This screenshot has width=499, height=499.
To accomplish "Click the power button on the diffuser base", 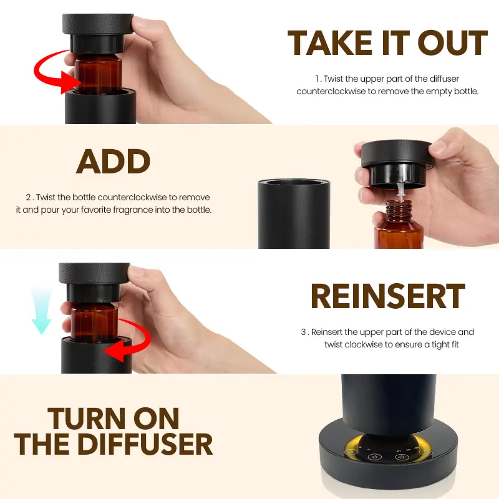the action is [374, 457].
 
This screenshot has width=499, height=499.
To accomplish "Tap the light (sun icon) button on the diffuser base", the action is [402, 457].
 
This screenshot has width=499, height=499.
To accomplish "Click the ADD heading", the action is [114, 162].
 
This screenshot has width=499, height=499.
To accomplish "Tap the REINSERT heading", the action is [388, 296].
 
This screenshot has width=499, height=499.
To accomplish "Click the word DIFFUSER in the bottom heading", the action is [145, 444].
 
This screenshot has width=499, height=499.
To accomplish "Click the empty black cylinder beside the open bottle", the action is [294, 213].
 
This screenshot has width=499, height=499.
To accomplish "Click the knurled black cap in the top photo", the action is [98, 24].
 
